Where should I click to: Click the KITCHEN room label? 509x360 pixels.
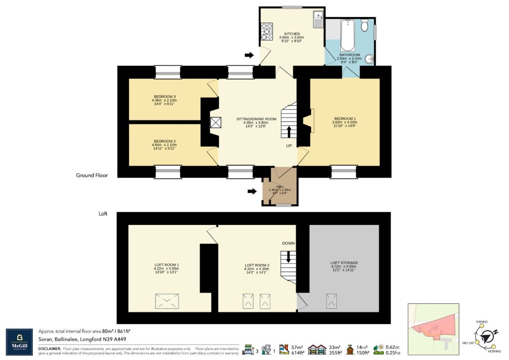point(289,34)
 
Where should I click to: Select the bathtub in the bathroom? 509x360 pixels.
point(348,35)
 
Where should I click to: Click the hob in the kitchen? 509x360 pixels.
point(264,31)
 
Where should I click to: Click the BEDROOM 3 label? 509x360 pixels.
point(165,97)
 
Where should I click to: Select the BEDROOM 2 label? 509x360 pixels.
point(165,141)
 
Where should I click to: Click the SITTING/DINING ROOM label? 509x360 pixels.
point(256,119)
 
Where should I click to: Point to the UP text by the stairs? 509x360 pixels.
point(289,146)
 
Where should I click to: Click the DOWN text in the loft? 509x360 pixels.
point(288,243)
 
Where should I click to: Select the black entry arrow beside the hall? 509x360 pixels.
point(251,191)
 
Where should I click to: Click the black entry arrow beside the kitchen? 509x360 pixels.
point(249,55)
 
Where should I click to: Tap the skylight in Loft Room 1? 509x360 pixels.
point(167,301)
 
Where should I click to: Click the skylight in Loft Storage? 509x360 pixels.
point(332,301)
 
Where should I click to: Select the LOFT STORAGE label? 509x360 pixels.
point(344,262)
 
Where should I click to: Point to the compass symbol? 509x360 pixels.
point(486,335)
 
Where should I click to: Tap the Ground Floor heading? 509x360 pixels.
point(92,175)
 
